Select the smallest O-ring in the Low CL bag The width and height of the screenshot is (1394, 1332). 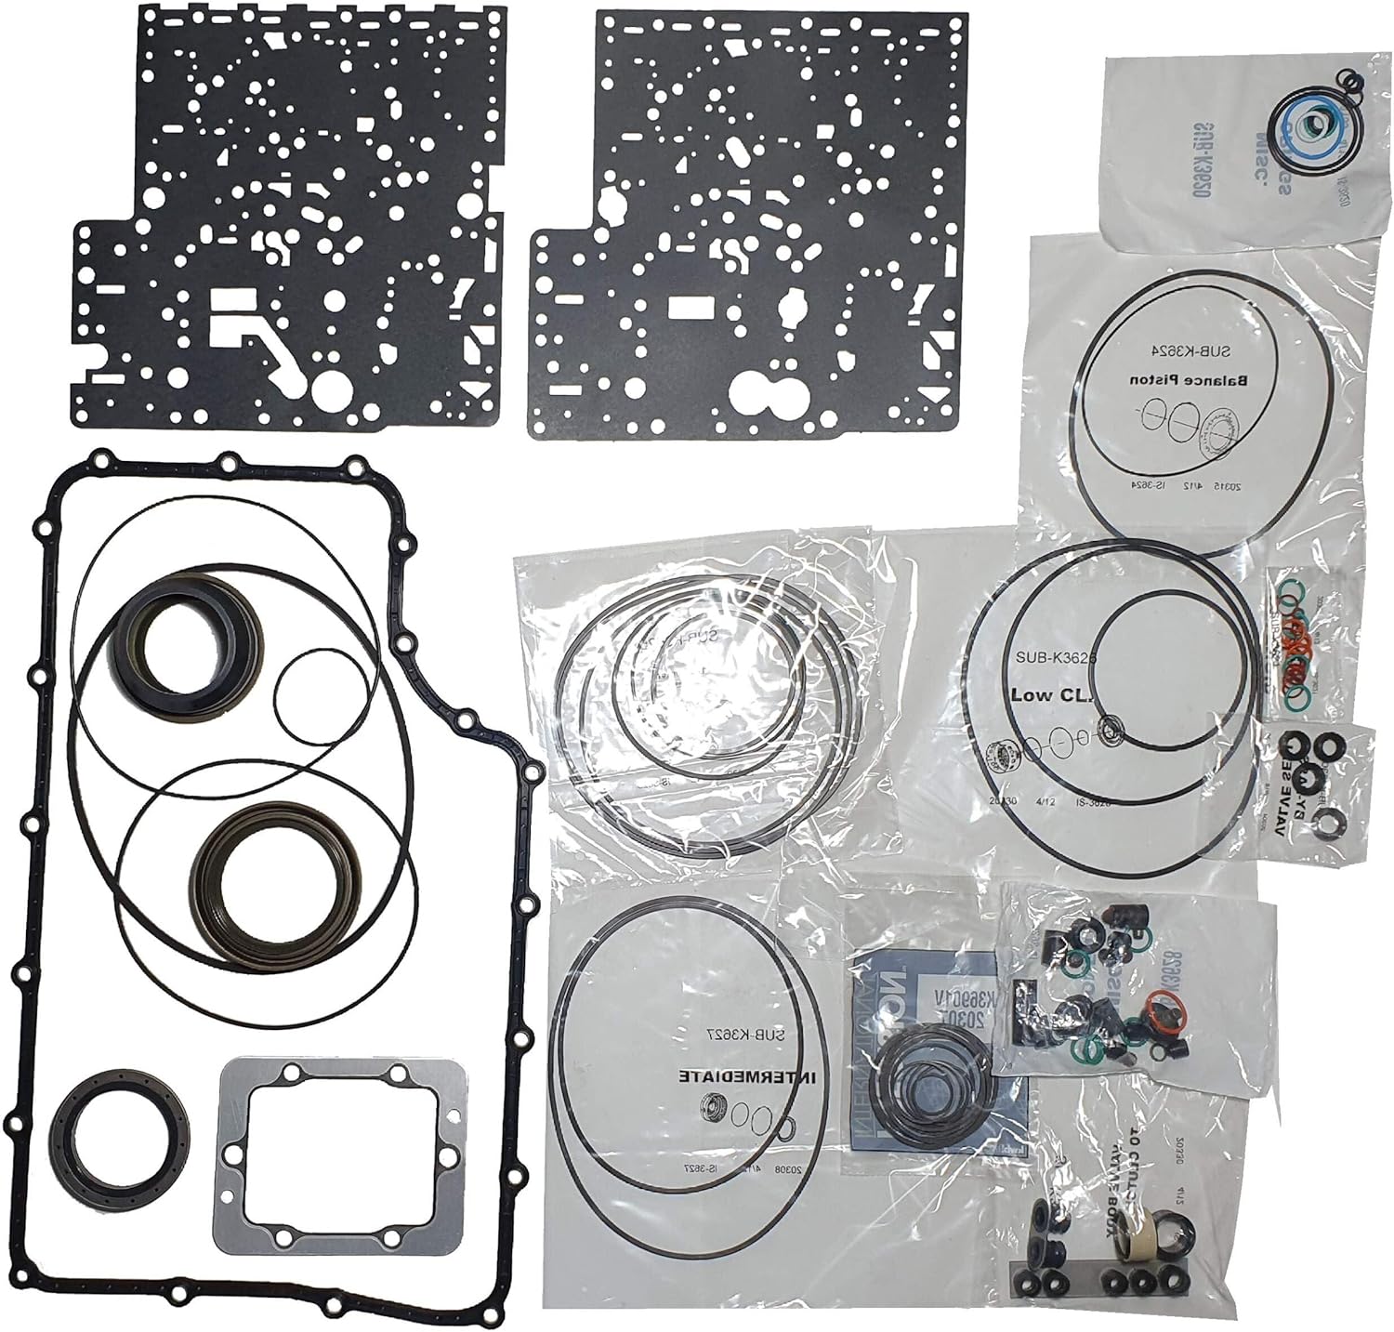pyautogui.click(x=1110, y=732)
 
